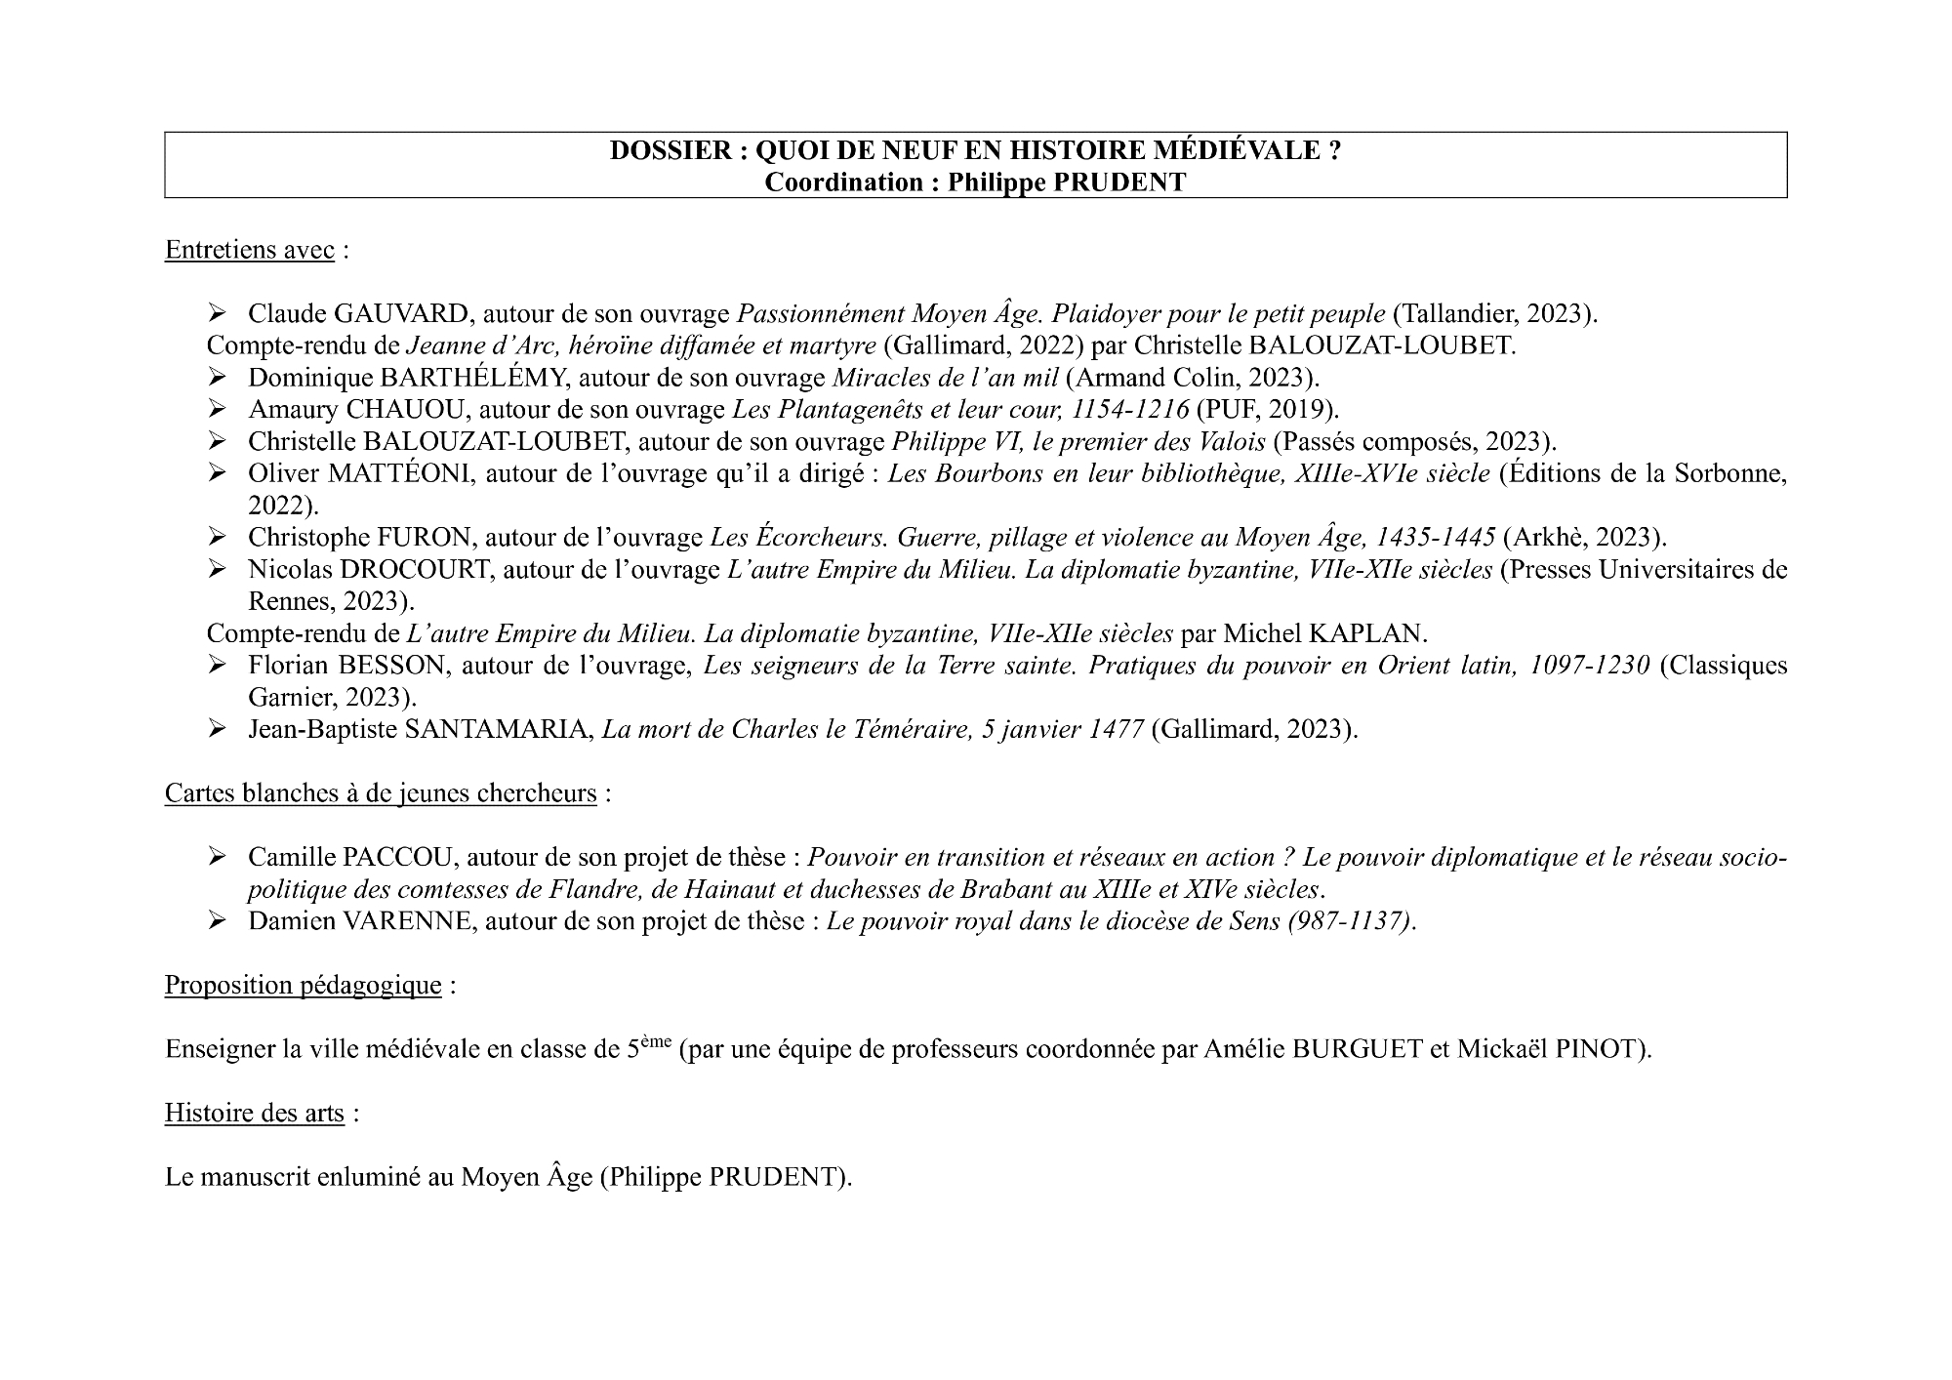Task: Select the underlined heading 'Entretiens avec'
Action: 249,250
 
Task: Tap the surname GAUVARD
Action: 403,313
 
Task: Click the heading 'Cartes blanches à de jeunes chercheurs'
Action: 381,792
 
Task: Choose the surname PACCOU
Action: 398,857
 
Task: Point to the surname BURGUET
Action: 1357,1049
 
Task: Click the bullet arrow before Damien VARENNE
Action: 217,920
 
